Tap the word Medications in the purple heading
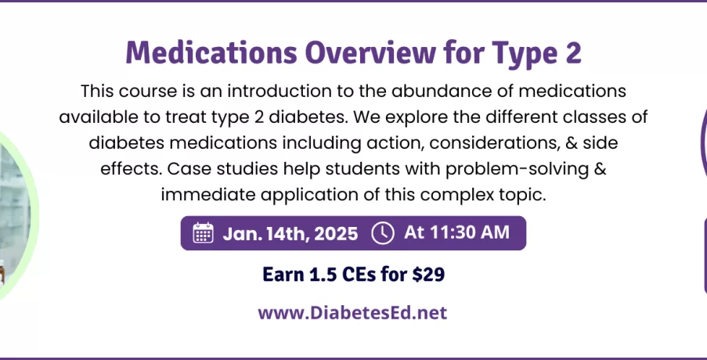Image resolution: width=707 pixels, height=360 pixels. [x=211, y=52]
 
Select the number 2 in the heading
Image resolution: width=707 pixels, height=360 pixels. [x=572, y=52]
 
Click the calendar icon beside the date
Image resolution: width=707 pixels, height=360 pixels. [x=204, y=233]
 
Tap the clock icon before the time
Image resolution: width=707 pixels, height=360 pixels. [x=383, y=233]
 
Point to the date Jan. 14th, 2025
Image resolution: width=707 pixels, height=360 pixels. [x=290, y=233]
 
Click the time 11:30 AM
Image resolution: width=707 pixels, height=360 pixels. [x=470, y=232]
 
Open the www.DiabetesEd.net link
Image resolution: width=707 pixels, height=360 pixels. [x=352, y=313]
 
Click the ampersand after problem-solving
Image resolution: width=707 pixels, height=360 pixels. [x=601, y=169]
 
